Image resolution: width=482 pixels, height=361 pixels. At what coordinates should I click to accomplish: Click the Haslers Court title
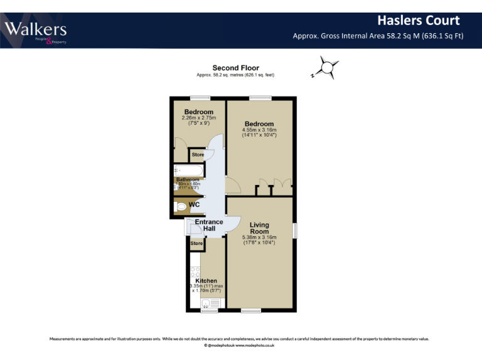click(418, 21)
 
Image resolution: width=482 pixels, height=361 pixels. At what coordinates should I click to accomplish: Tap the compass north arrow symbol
click(327, 66)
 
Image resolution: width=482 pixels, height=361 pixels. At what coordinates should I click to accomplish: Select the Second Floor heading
click(235, 68)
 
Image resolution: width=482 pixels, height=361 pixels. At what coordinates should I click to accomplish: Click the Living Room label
click(259, 228)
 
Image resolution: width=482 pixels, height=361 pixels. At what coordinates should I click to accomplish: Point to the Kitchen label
click(206, 281)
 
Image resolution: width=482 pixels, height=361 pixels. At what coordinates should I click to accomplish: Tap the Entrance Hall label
click(209, 225)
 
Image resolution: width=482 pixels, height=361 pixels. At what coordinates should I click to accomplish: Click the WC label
click(195, 204)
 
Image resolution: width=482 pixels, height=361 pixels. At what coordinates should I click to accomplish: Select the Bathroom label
click(188, 179)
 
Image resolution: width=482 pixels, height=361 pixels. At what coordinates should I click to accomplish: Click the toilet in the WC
click(181, 206)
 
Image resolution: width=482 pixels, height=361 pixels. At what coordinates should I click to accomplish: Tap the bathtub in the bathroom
click(188, 170)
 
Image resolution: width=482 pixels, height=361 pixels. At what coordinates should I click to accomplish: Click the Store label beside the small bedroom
click(198, 154)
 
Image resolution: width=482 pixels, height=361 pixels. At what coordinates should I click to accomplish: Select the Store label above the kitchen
click(196, 243)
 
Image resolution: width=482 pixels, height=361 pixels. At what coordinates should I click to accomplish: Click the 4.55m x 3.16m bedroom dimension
click(259, 130)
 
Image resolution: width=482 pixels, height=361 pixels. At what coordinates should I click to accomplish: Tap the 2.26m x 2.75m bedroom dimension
click(198, 118)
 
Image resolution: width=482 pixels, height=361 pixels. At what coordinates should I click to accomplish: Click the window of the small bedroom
click(200, 97)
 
